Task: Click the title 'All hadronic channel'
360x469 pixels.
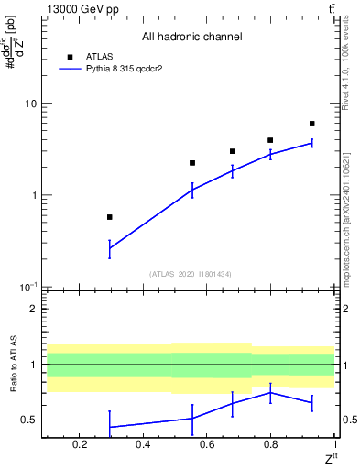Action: point(191,38)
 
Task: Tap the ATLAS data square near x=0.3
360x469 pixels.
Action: point(110,217)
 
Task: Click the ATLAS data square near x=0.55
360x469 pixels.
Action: point(192,163)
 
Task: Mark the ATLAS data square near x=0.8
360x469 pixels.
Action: point(270,140)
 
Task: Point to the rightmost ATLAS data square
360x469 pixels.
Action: point(312,124)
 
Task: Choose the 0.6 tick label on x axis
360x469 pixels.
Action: point(207,445)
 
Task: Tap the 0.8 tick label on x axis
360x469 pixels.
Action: point(270,445)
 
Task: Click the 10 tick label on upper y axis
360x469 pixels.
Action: point(30,104)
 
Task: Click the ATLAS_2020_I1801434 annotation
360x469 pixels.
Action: point(191,274)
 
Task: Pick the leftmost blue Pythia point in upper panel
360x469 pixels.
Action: point(110,248)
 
